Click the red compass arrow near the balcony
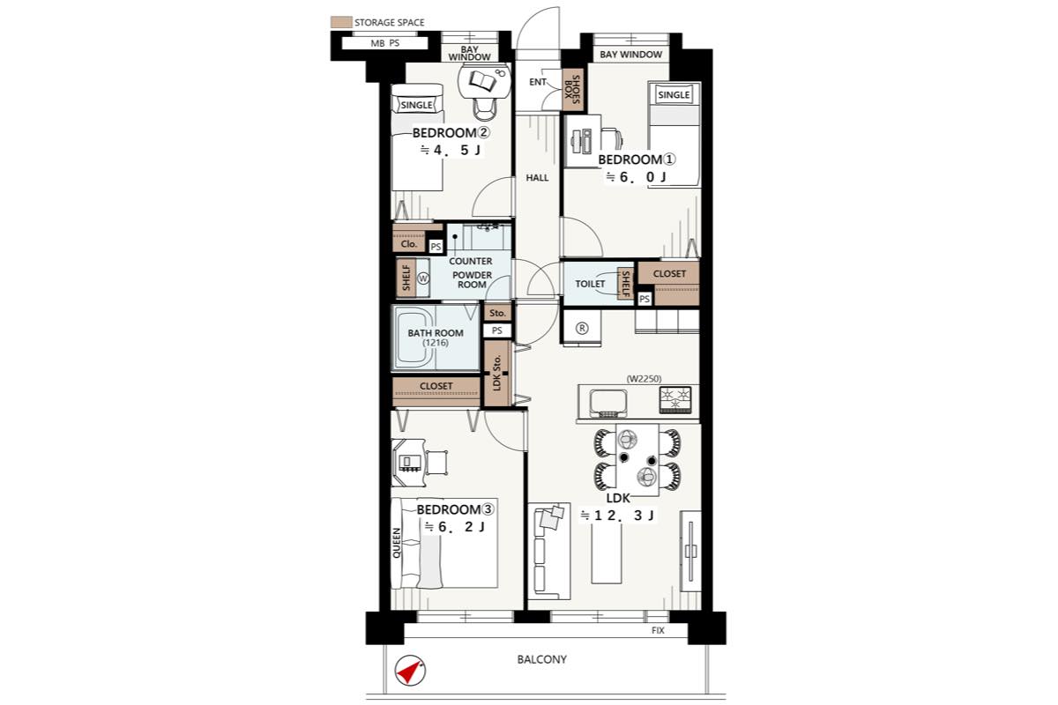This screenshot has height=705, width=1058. coord(408,672)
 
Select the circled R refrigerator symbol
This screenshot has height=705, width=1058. coord(582,328)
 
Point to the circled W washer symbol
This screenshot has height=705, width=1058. coord(423,278)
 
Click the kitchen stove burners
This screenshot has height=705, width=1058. coord(675,399)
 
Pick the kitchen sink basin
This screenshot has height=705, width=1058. coord(608,404)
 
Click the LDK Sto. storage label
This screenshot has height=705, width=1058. coord(496,373)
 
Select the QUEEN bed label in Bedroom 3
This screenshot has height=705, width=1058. coord(396,543)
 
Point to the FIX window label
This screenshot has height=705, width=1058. coord(658,630)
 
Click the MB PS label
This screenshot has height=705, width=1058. coord(385,43)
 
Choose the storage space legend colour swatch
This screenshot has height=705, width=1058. coord(341,22)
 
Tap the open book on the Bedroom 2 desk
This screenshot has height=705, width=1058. coord(483,81)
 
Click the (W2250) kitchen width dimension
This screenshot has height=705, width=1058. coord(644,379)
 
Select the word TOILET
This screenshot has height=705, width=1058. coord(590,284)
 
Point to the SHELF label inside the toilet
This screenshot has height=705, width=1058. coord(625,284)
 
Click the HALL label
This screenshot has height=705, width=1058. coord(538,177)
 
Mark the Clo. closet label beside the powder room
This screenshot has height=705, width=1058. coord(408,244)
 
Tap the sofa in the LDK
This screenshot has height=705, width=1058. coord(548,550)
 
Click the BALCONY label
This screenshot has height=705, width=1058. coord(541,659)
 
